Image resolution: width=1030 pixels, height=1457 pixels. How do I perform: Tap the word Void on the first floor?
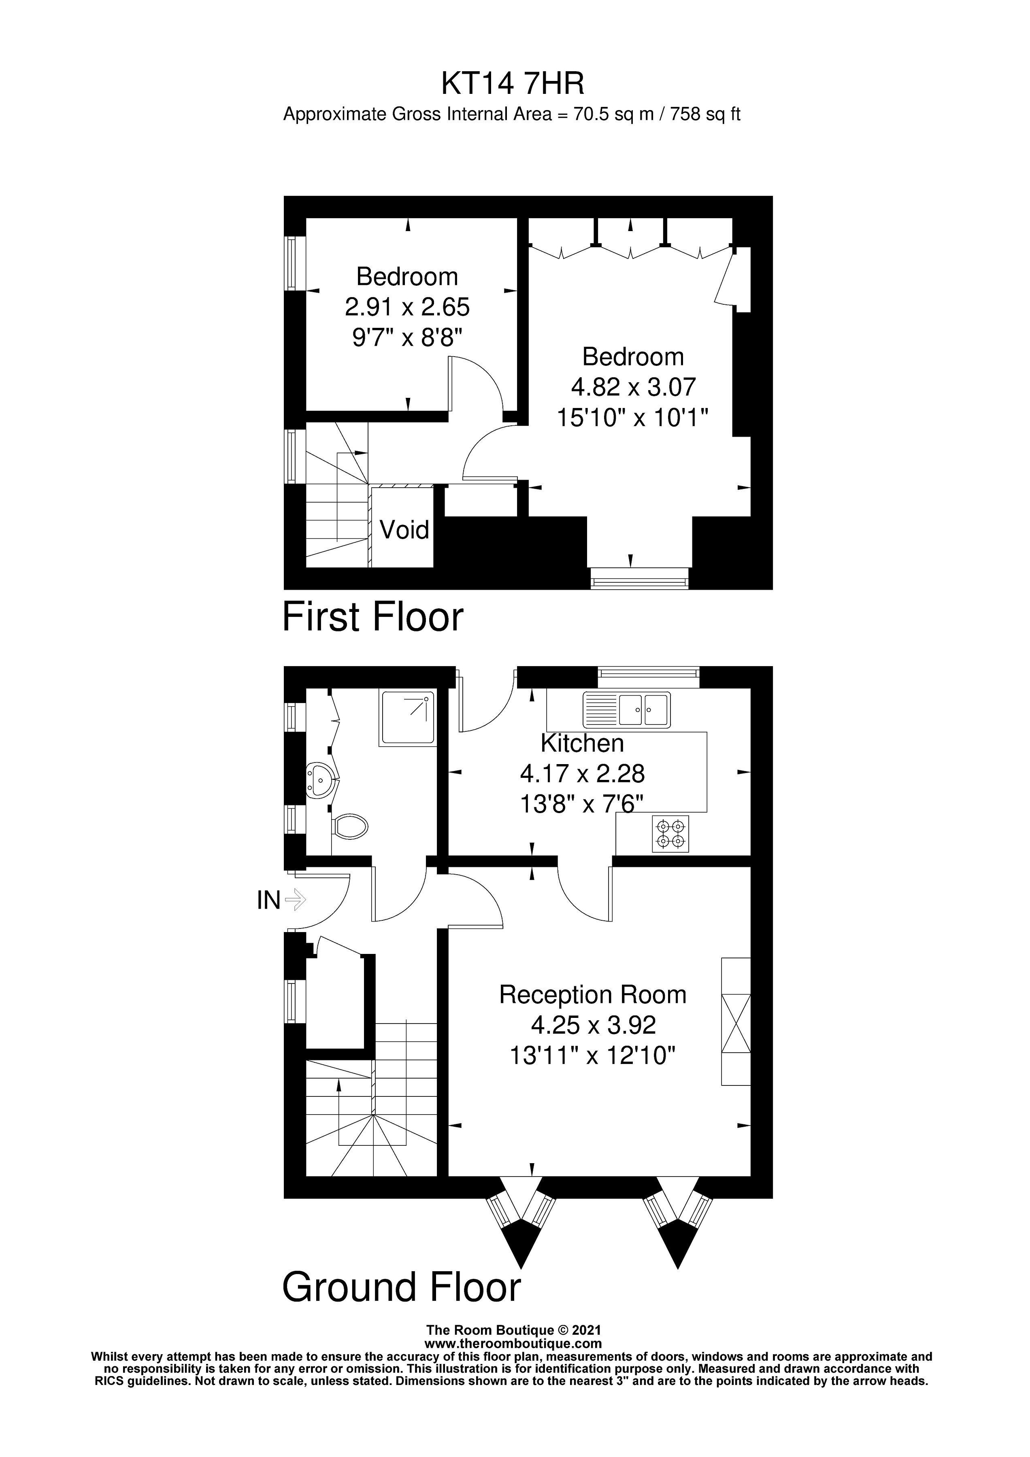[404, 529]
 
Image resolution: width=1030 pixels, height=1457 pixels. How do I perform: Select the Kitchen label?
[582, 743]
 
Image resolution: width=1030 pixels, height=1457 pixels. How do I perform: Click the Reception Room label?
[593, 994]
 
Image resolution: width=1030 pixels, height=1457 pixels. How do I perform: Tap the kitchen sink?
[626, 709]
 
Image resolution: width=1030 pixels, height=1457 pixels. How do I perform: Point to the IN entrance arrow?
[296, 899]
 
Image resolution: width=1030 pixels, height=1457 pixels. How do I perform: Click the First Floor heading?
[373, 617]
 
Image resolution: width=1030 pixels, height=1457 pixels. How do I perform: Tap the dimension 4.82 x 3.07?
[633, 387]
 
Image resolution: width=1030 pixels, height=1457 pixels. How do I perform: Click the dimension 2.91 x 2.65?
[407, 307]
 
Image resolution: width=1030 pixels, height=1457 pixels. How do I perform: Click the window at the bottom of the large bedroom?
[639, 578]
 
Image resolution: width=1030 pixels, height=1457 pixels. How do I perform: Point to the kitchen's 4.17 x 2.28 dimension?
[582, 773]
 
